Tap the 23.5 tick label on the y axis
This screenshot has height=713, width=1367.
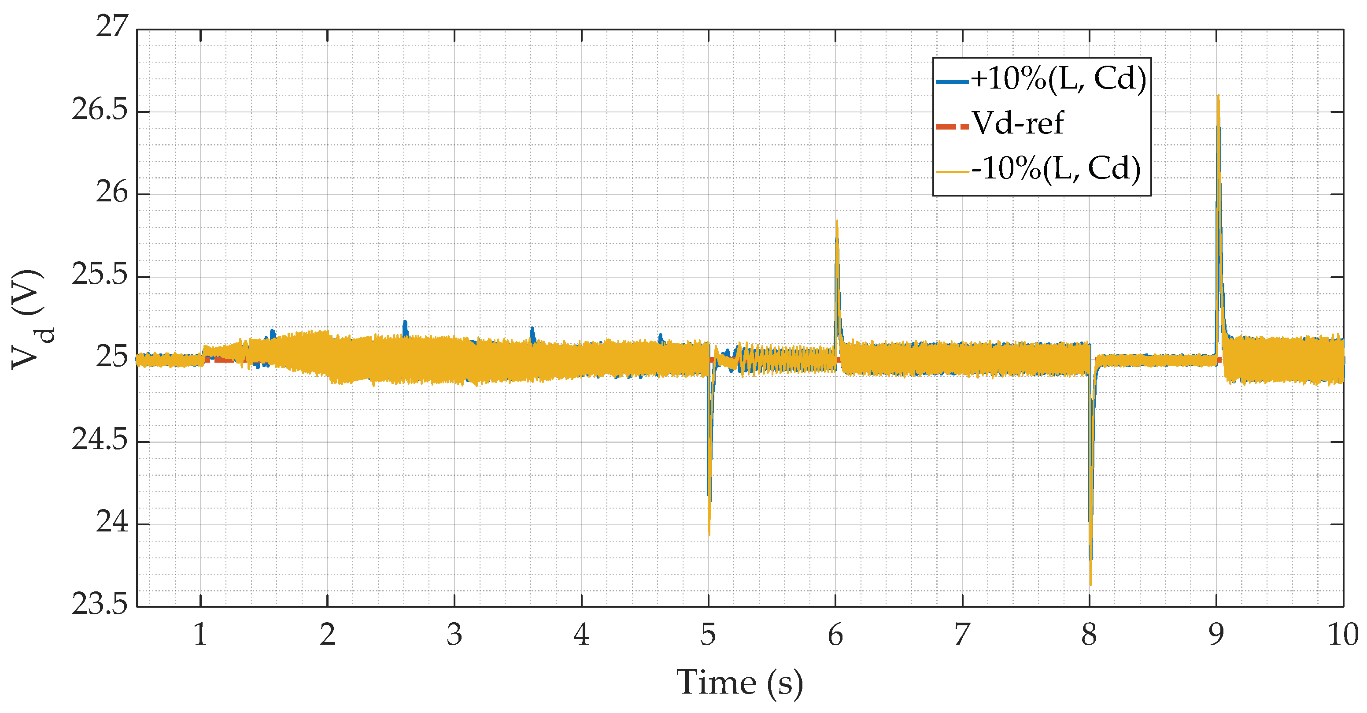(x=100, y=605)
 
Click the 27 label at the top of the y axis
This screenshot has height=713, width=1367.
(x=112, y=26)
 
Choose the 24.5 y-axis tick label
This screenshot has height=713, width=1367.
(x=100, y=440)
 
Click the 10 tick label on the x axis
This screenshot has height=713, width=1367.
(x=1343, y=635)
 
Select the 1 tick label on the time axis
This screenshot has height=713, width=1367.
(x=200, y=635)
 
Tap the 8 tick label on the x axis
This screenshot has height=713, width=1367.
(x=1089, y=635)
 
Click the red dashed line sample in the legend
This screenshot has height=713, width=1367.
(x=953, y=126)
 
